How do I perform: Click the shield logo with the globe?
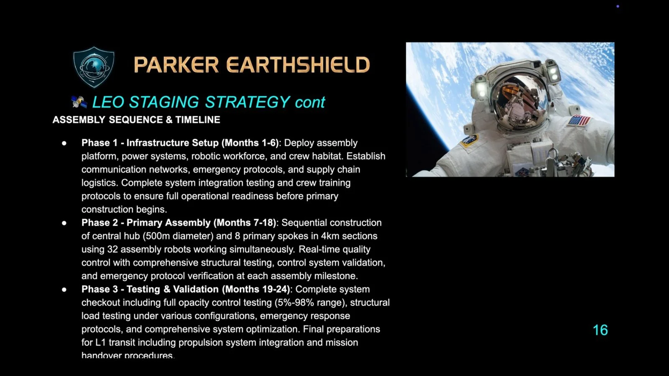coord(94,67)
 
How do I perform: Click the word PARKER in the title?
coord(176,65)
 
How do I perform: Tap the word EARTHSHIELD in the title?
coord(298,65)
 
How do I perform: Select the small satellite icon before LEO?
coord(79,102)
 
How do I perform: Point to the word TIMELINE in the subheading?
coord(198,120)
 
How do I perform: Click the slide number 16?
coord(600,330)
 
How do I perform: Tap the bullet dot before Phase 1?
coord(64,143)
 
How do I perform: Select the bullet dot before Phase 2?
coord(64,223)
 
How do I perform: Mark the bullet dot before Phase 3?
coord(64,289)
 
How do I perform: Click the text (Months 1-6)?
coord(250,143)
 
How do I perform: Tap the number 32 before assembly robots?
coord(112,249)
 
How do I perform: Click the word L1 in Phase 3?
coord(100,343)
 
